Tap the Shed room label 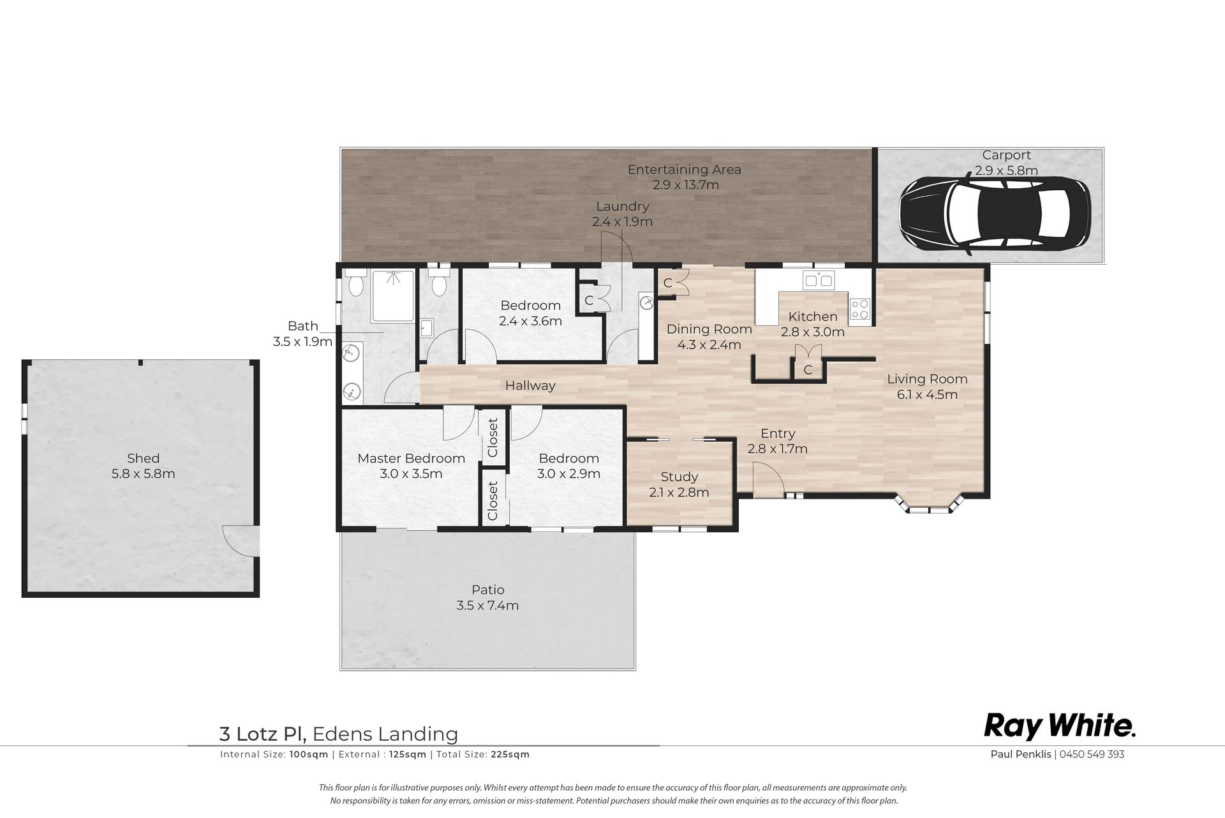pos(143,458)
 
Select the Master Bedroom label pos(411,458)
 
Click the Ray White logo pos(1060,727)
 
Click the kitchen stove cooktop pos(859,309)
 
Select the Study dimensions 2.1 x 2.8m pos(679,493)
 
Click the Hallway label pos(530,385)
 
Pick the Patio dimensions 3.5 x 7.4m pos(487,605)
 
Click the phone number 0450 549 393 pos(1092,754)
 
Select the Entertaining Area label pos(684,170)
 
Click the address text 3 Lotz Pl pos(263,734)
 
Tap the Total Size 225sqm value pos(510,754)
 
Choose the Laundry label pos(622,206)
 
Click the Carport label pos(1006,155)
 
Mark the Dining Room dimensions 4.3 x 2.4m pos(709,345)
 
